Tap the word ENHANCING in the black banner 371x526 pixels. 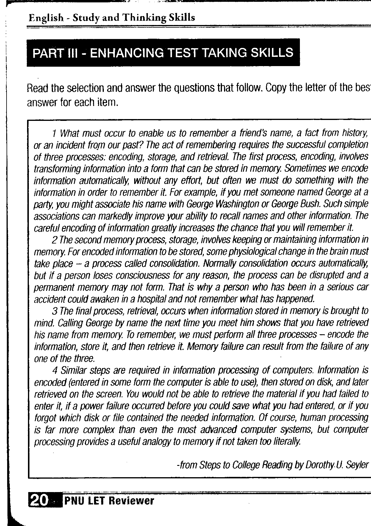pos(127,53)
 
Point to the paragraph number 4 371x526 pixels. pos(54,370)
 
